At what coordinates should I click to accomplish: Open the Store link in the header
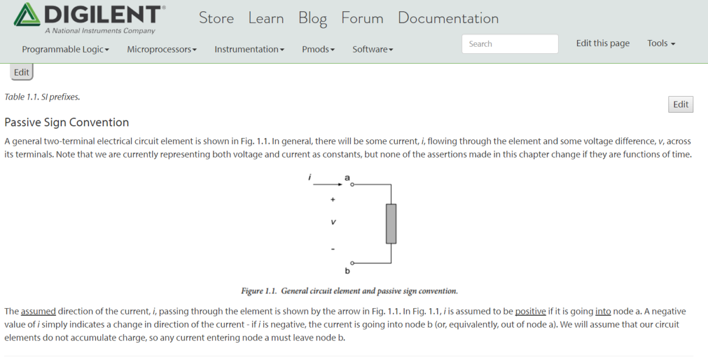pyautogui.click(x=216, y=18)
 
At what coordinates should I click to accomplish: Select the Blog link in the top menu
pyautogui.click(x=312, y=18)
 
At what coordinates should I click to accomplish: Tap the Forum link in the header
pyautogui.click(x=362, y=18)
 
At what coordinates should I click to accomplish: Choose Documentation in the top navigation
pyautogui.click(x=448, y=18)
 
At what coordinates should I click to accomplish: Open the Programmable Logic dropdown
pyautogui.click(x=65, y=50)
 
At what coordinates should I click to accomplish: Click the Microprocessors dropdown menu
pyautogui.click(x=162, y=50)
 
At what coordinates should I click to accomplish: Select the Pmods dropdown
pyautogui.click(x=318, y=50)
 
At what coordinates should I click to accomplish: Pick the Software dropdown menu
pyautogui.click(x=372, y=50)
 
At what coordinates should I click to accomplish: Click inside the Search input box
pyautogui.click(x=509, y=44)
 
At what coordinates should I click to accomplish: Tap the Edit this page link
pyautogui.click(x=602, y=43)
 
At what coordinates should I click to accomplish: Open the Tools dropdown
pyautogui.click(x=661, y=43)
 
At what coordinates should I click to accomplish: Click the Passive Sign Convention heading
pyautogui.click(x=67, y=122)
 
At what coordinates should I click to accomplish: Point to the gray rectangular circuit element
pyautogui.click(x=391, y=224)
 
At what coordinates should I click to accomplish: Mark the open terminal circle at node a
pyautogui.click(x=352, y=185)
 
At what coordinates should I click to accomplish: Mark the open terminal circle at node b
pyautogui.click(x=352, y=263)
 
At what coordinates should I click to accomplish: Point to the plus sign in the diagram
pyautogui.click(x=333, y=200)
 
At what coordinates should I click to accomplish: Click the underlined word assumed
pyautogui.click(x=38, y=311)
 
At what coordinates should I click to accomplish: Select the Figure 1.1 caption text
pyautogui.click(x=349, y=291)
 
